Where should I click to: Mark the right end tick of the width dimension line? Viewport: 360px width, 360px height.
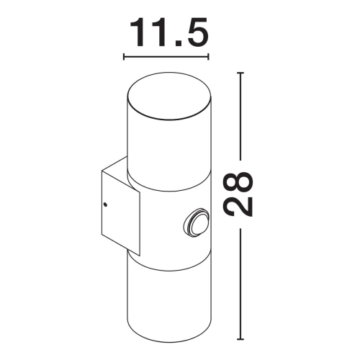209,56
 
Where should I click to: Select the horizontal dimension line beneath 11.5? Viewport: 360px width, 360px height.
167,56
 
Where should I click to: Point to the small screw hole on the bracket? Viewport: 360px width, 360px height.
107,206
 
